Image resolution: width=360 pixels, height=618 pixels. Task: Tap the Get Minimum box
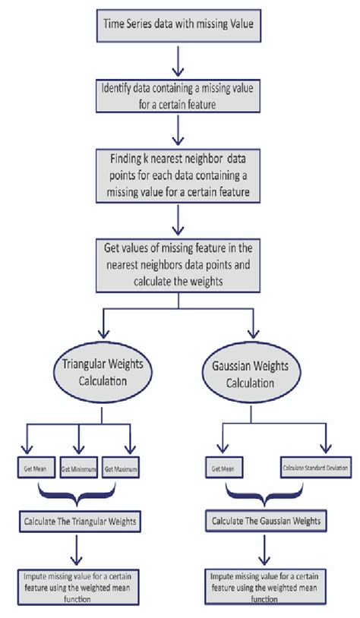coord(79,469)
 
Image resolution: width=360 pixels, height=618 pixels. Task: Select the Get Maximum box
coord(123,469)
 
